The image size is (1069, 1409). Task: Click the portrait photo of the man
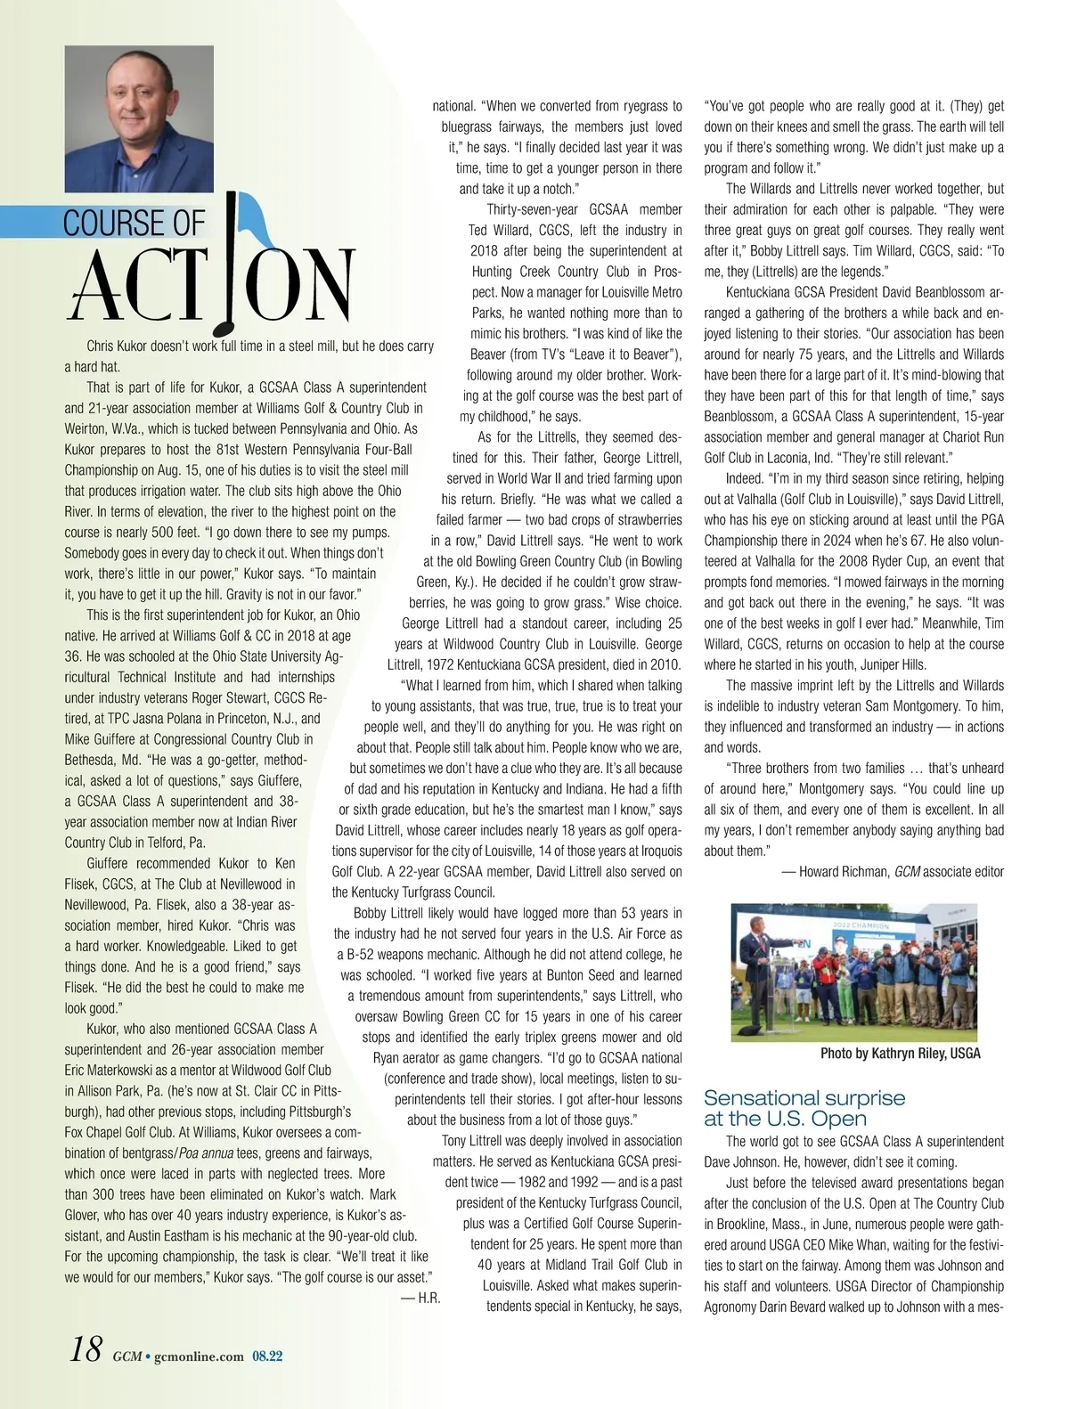tap(139, 119)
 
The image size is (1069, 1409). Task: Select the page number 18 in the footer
tap(86, 1350)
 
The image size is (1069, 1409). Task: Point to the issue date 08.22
tap(266, 1356)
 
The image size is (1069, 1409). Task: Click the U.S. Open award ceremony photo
tap(853, 972)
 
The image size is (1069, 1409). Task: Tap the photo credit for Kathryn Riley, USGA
tap(900, 1054)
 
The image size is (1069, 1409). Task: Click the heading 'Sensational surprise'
tap(804, 1098)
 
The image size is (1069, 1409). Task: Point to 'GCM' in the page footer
tap(126, 1356)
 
